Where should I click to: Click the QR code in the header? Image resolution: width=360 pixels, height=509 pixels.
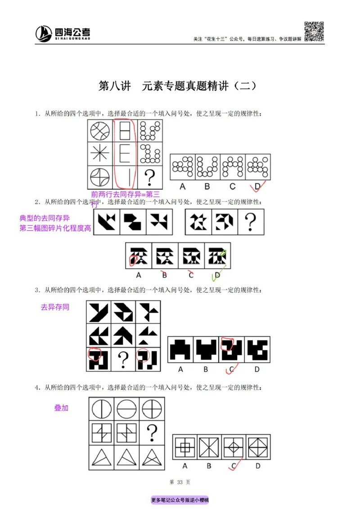pyautogui.click(x=314, y=31)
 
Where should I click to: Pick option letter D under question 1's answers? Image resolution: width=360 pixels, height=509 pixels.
pyautogui.click(x=257, y=185)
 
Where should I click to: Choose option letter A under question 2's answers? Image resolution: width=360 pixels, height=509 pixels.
pyautogui.click(x=138, y=275)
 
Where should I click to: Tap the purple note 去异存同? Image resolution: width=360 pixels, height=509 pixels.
pyautogui.click(x=55, y=308)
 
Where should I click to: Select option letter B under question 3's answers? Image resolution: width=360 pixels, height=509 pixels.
pyautogui.click(x=206, y=370)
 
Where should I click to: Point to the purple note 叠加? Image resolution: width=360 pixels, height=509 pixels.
pyautogui.click(x=61, y=408)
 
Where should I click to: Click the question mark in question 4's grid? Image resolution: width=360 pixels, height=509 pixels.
pyautogui.click(x=152, y=433)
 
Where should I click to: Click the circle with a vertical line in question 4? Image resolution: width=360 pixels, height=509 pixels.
pyautogui.click(x=101, y=410)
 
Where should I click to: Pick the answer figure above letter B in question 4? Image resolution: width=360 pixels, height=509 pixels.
pyautogui.click(x=209, y=447)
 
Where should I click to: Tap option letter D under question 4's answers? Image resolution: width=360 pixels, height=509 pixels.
pyautogui.click(x=258, y=466)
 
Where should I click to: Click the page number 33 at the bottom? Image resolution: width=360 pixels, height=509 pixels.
pyautogui.click(x=180, y=482)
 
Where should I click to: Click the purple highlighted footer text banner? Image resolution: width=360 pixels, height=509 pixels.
pyautogui.click(x=180, y=500)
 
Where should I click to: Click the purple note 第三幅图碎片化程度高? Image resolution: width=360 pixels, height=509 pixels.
pyautogui.click(x=55, y=228)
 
